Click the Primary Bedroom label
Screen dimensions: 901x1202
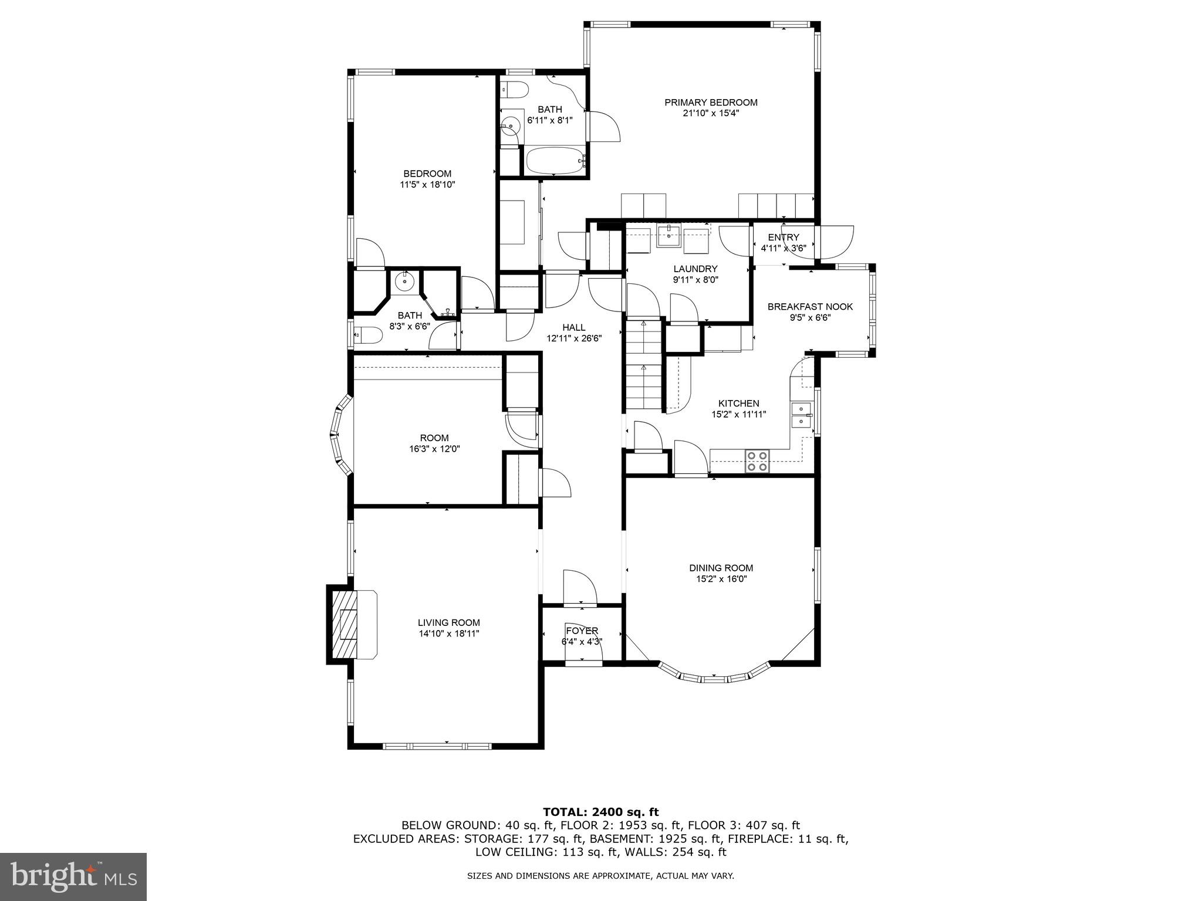pos(711,103)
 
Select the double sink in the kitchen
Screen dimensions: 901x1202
pos(801,415)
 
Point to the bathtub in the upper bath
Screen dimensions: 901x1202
pos(555,160)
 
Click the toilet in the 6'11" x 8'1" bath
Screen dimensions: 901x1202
pos(515,90)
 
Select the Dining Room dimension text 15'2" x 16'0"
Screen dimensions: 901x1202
pos(721,579)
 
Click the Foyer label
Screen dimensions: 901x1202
pos(582,631)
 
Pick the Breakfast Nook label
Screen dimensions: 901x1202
pos(810,307)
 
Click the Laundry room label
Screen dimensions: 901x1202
pos(695,269)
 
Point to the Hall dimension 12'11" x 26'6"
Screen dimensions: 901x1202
pos(574,338)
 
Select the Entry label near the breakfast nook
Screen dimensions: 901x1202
pos(784,237)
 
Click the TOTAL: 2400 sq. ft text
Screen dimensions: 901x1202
pos(600,812)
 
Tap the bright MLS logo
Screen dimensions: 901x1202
pos(73,876)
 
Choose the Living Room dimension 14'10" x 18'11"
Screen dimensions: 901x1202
pos(449,634)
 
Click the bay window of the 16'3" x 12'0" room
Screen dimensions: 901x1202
pos(340,434)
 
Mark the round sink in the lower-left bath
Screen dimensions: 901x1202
pos(404,282)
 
